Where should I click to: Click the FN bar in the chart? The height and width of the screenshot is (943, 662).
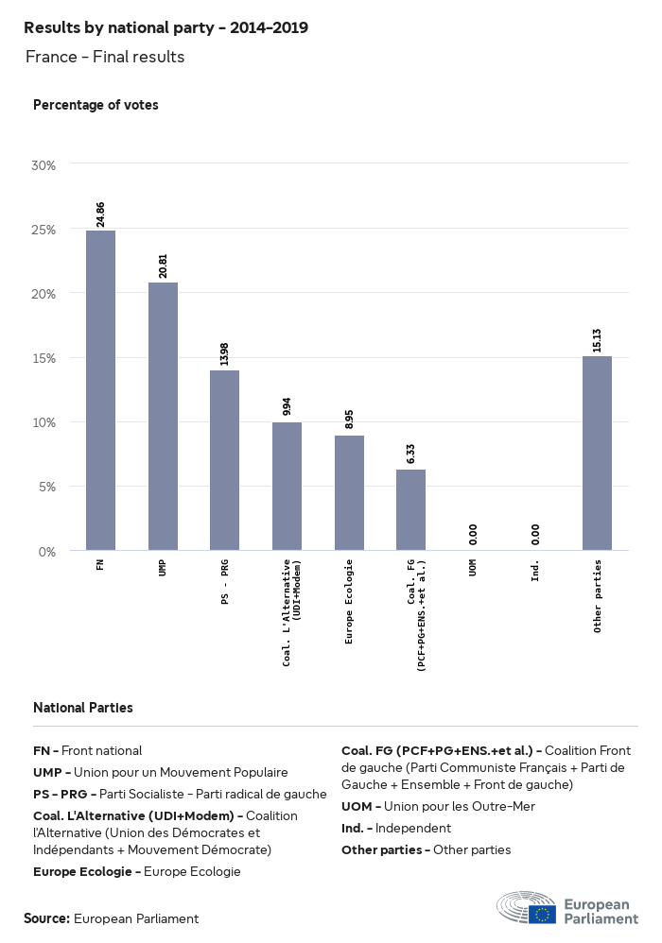[x=100, y=390]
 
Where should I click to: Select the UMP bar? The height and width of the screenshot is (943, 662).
[x=163, y=416]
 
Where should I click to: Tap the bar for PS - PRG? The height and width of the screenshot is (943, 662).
[x=224, y=460]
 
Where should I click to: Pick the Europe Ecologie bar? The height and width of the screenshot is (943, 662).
[x=349, y=492]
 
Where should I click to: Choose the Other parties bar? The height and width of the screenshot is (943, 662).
[x=597, y=453]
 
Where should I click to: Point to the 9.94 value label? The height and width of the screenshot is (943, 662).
[x=287, y=406]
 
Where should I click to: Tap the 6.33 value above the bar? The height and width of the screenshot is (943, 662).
[x=410, y=454]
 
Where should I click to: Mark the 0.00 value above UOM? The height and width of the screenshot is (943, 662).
[x=473, y=535]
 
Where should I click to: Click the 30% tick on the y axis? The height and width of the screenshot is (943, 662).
[x=44, y=165]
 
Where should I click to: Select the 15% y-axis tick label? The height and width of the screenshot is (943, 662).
[x=44, y=358]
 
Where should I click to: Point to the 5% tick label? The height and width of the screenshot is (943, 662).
[x=47, y=487]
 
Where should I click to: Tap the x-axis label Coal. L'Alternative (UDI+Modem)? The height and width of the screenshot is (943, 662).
[x=291, y=611]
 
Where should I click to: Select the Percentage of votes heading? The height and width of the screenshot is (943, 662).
[x=96, y=105]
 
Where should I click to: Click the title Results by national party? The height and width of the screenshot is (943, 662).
[x=165, y=28]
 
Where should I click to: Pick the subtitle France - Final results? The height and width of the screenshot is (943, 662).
[x=105, y=57]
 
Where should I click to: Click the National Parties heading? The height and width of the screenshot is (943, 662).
[x=83, y=707]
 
